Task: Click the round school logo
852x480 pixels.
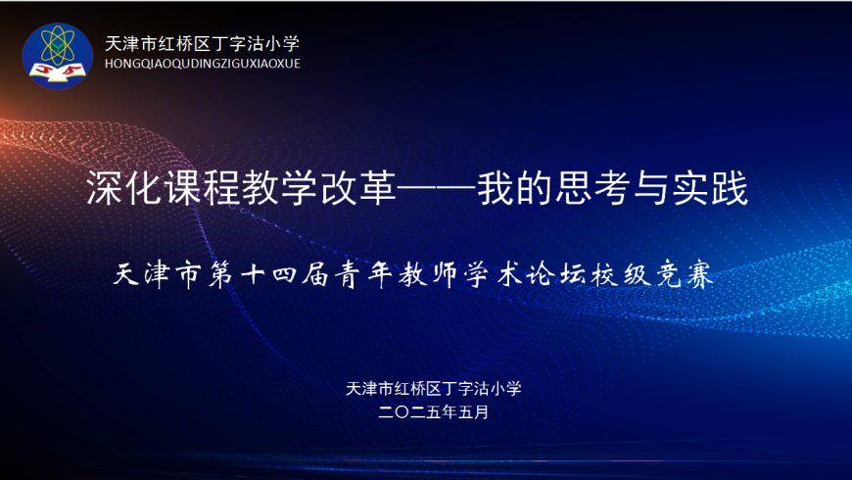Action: tap(57, 56)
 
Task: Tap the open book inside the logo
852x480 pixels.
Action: tap(57, 72)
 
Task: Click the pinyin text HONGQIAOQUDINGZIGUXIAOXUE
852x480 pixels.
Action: tap(202, 64)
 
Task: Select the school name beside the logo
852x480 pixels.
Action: tap(202, 43)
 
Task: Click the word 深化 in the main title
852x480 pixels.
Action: tap(125, 188)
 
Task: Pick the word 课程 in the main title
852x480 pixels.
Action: tap(204, 188)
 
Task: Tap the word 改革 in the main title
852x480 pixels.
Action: tap(359, 188)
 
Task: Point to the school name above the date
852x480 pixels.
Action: tap(434, 388)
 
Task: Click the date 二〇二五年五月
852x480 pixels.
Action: tap(434, 412)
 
